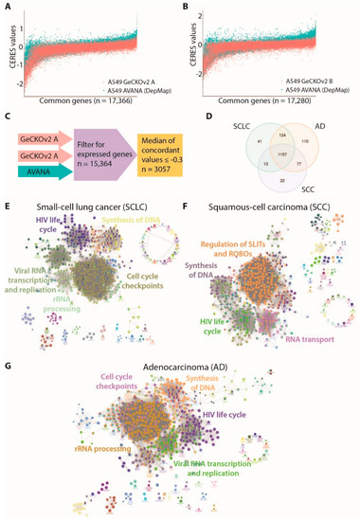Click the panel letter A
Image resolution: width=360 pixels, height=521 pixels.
[x=7, y=7]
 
